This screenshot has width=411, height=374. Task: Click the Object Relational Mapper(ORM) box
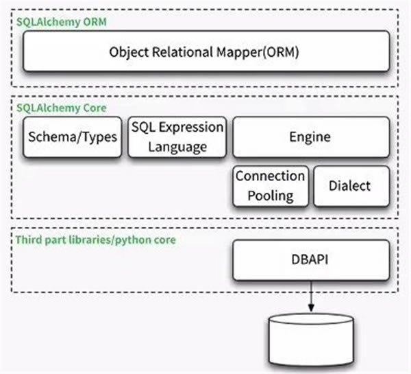click(206, 51)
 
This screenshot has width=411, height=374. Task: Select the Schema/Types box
click(73, 137)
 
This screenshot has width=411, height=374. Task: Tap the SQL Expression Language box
click(177, 137)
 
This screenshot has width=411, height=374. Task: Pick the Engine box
click(311, 137)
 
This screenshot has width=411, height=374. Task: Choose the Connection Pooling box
click(271, 186)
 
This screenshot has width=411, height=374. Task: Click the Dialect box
click(351, 186)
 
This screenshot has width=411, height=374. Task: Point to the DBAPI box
click(311, 260)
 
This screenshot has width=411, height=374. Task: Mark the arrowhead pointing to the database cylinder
click(311, 307)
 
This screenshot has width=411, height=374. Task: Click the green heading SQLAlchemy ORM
click(62, 22)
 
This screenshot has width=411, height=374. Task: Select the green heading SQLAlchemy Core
click(62, 108)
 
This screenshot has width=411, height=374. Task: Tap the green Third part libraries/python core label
click(96, 240)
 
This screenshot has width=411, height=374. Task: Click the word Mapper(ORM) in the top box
click(258, 52)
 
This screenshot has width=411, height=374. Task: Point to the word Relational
click(183, 51)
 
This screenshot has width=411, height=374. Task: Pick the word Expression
click(191, 128)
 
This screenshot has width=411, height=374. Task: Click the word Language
click(177, 147)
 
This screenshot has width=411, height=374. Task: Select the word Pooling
click(271, 196)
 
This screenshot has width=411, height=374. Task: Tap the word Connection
click(271, 176)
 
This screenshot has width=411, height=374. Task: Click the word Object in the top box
click(129, 52)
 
